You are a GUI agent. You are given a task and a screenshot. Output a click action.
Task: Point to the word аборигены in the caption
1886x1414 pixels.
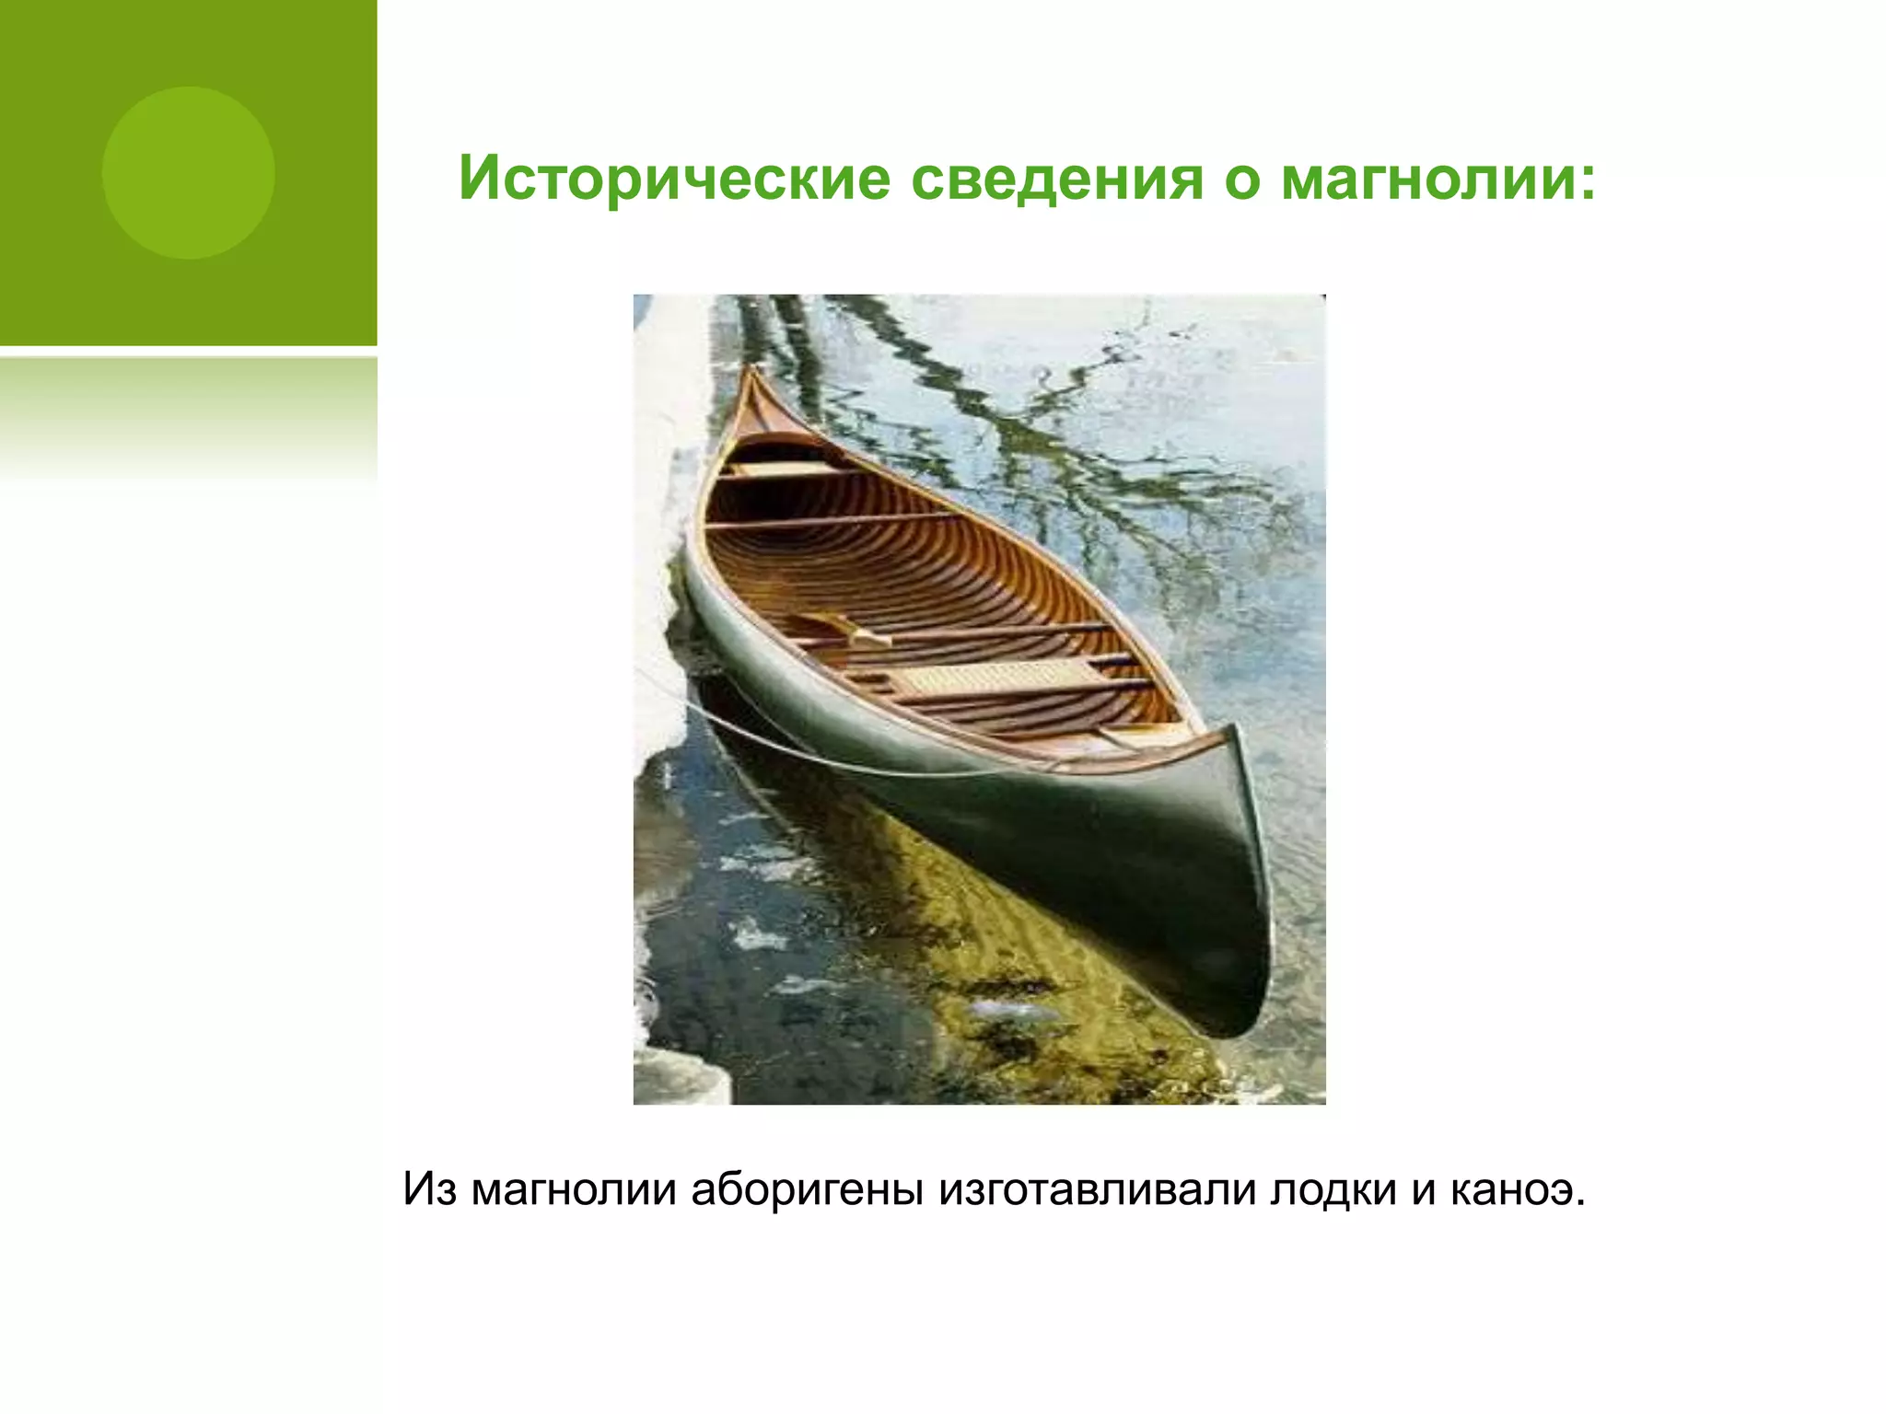tap(807, 1190)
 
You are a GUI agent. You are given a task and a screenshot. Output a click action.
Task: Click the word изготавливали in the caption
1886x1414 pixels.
tap(1098, 1190)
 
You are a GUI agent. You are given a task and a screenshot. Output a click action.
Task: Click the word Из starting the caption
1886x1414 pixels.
tap(430, 1190)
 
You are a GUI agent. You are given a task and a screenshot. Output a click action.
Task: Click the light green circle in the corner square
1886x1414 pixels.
tap(188, 173)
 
